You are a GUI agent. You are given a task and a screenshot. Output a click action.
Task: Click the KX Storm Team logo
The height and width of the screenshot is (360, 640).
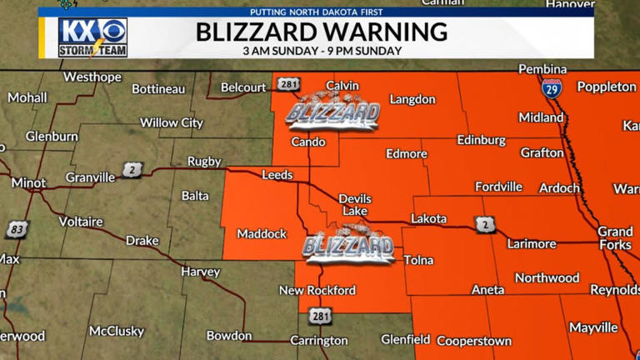click(92, 37)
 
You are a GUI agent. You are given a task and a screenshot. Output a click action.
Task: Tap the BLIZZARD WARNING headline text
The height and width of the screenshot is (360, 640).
click(322, 32)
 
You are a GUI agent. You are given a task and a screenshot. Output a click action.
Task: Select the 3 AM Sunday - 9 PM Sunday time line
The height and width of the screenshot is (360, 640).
click(322, 52)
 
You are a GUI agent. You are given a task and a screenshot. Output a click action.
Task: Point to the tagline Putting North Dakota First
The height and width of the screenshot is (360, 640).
click(321, 12)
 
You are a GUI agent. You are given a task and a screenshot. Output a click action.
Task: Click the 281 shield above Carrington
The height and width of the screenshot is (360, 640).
click(320, 316)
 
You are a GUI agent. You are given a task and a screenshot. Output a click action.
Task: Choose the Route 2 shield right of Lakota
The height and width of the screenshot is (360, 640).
click(487, 224)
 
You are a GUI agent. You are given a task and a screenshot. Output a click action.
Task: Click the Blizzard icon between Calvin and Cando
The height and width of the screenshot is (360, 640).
click(332, 112)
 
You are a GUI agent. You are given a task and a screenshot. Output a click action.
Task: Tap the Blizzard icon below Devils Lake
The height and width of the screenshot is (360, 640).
click(348, 246)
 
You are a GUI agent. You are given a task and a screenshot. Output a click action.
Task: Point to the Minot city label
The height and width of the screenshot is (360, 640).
click(28, 182)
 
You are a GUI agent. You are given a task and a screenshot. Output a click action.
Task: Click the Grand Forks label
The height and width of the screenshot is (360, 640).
click(615, 237)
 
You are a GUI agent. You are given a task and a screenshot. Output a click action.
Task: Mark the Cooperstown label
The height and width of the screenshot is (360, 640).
click(473, 341)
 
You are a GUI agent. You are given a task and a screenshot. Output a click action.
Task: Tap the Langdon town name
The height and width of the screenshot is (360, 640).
click(412, 100)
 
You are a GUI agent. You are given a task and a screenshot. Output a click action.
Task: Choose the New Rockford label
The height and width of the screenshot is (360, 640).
click(317, 291)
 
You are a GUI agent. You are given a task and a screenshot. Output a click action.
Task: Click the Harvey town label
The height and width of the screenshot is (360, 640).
click(200, 272)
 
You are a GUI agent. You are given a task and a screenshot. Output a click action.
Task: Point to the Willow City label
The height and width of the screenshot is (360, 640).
click(171, 122)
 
